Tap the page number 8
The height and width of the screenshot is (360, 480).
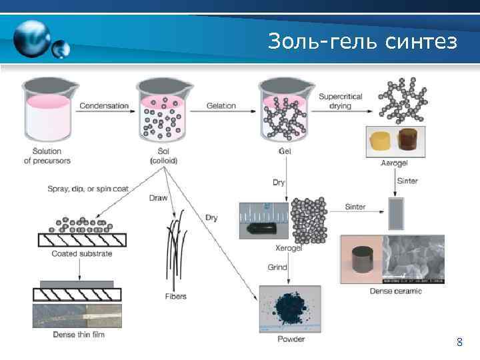[459, 343]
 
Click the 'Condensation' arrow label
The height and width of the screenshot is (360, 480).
[103, 105]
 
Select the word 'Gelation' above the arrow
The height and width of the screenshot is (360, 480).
[221, 105]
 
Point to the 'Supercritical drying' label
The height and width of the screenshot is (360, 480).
[340, 101]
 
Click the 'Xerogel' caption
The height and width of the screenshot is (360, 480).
[289, 248]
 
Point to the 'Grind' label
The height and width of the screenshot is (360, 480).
[277, 267]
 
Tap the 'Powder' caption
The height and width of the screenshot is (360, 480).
[291, 339]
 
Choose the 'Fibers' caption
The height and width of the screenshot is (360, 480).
[176, 296]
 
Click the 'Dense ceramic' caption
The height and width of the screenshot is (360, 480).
[393, 291]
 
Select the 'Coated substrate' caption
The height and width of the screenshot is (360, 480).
[82, 253]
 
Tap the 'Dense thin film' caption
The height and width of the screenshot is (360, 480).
[79, 335]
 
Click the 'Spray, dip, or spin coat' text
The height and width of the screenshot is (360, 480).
[87, 189]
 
